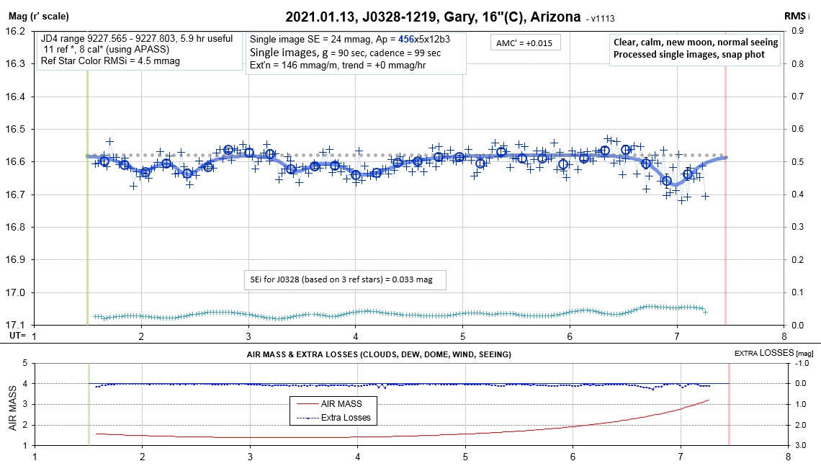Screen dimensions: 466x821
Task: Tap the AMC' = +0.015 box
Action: pos(524,43)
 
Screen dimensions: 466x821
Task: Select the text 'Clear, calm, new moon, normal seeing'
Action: pos(696,42)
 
